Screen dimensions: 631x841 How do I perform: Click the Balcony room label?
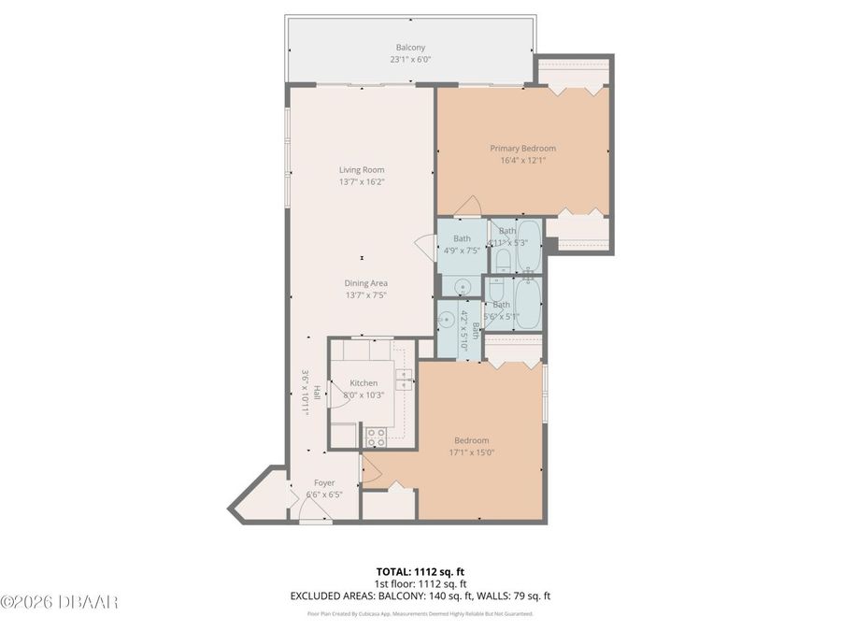(x=410, y=47)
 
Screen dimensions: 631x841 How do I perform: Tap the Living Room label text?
(x=362, y=169)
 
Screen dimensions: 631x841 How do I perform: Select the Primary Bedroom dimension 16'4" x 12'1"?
(x=523, y=160)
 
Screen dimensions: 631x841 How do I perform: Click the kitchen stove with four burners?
(x=376, y=434)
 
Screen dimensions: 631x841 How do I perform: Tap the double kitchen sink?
(x=404, y=379)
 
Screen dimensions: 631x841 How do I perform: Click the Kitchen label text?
(x=363, y=383)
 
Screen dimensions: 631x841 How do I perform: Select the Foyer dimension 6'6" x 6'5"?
(x=324, y=495)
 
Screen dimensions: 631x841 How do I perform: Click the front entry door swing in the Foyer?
(x=310, y=509)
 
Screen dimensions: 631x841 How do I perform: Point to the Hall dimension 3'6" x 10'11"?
(x=305, y=393)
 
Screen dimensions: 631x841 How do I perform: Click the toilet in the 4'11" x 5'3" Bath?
(x=503, y=259)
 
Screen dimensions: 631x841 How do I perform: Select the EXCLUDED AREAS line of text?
(x=420, y=595)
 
